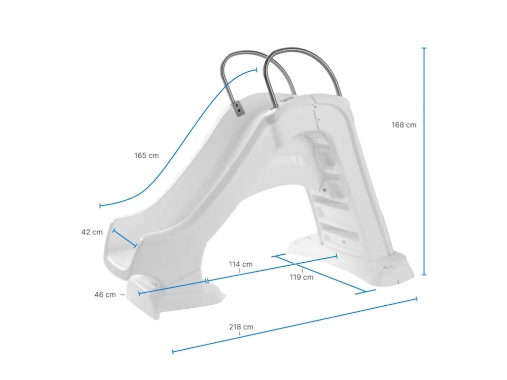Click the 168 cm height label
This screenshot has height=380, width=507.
[404, 125]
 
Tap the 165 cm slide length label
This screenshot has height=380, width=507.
[147, 155]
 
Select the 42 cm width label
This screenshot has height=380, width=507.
[92, 232]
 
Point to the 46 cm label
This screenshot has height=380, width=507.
[105, 295]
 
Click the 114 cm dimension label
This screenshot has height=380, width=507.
[241, 264]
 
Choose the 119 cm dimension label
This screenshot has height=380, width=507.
[302, 277]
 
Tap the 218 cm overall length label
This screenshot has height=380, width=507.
[241, 327]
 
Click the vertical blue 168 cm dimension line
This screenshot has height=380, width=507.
[424, 161]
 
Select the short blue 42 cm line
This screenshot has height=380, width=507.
[124, 238]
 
